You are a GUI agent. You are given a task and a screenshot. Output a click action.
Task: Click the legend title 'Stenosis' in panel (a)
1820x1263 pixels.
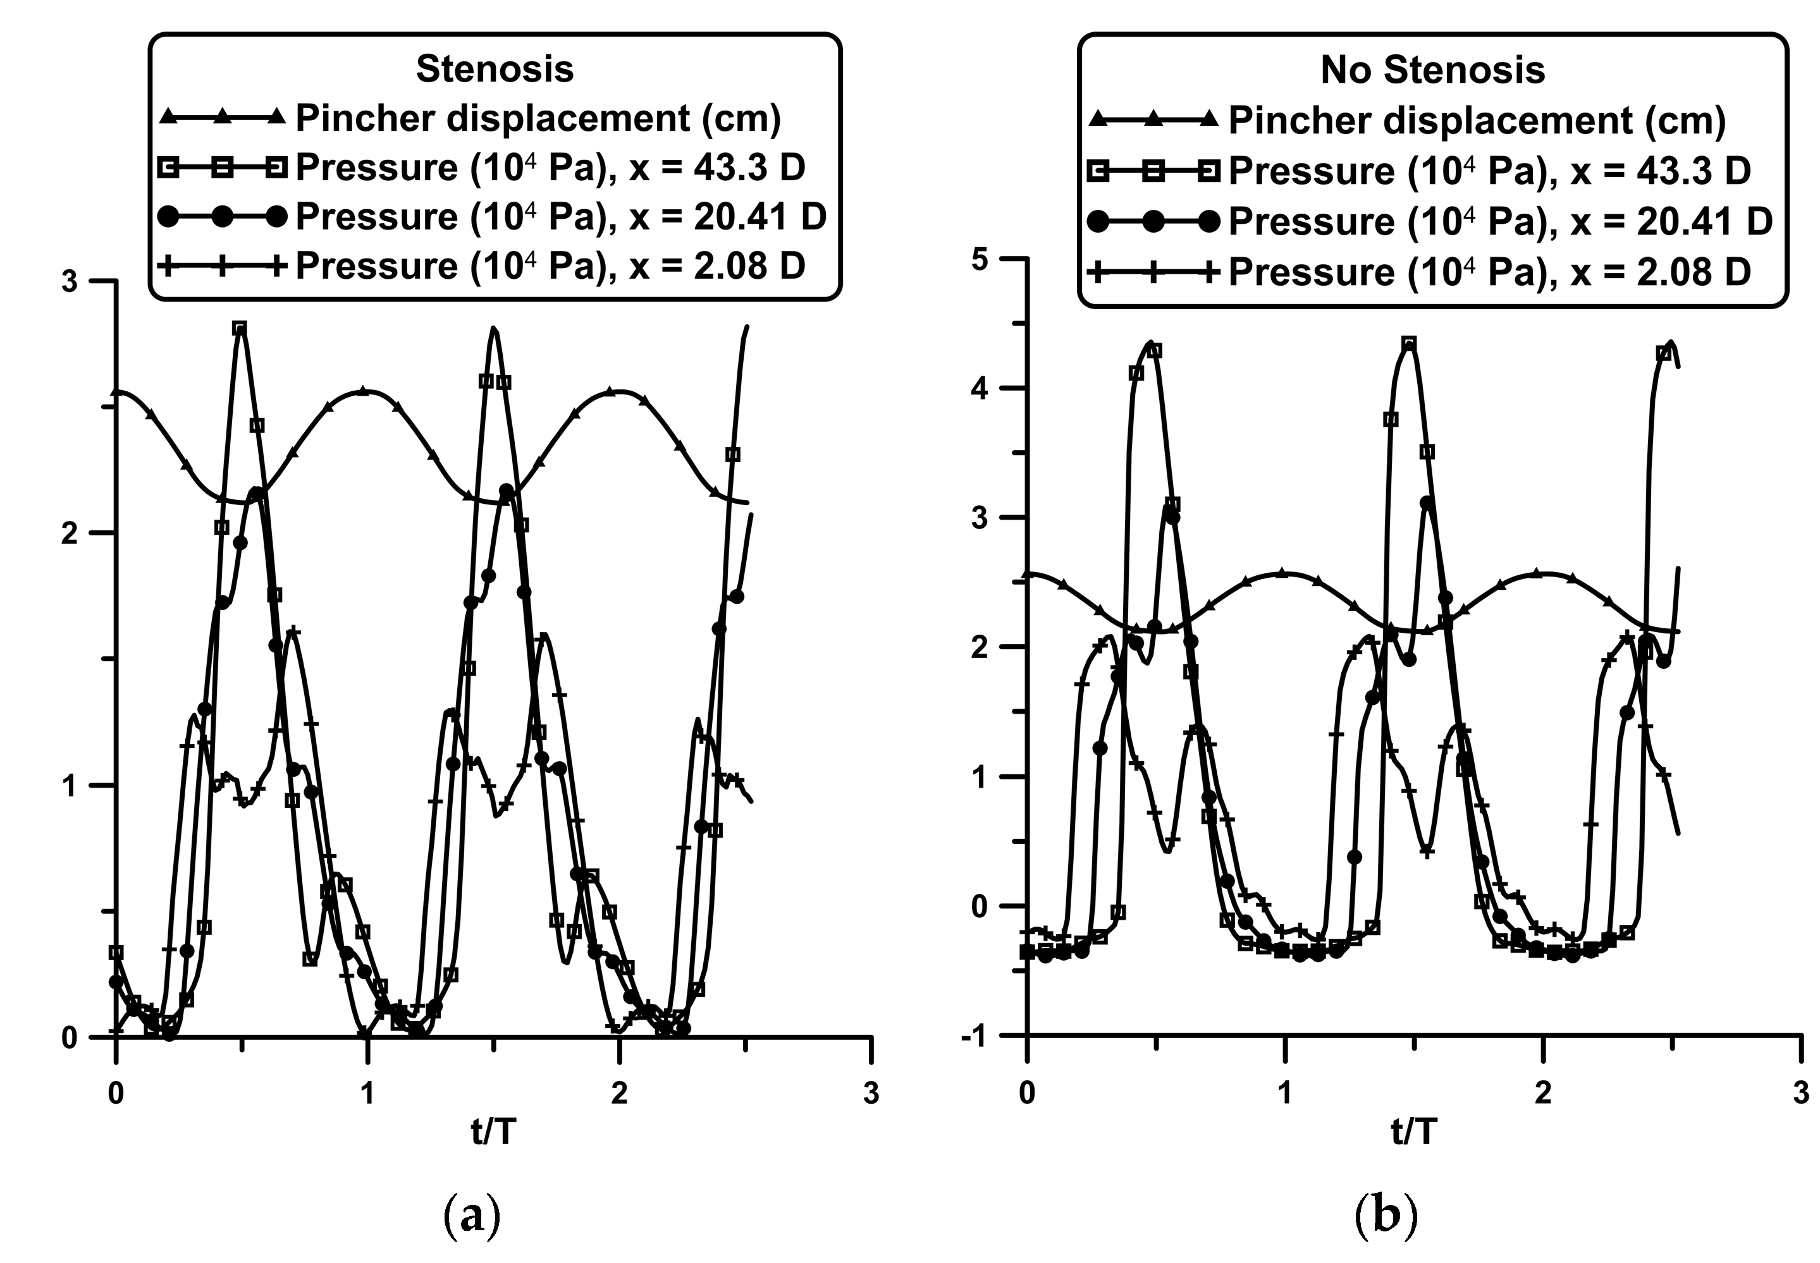click(495, 70)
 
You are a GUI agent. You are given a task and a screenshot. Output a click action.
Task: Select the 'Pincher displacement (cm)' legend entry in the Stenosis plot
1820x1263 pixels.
click(538, 119)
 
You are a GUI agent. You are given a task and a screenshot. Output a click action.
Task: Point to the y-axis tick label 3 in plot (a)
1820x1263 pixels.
click(70, 283)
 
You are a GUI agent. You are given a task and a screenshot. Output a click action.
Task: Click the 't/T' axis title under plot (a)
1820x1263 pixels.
click(493, 1132)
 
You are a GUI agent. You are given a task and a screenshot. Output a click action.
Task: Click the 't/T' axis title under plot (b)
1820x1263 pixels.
click(1414, 1132)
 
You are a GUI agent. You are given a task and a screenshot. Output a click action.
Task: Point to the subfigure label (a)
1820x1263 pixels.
click(472, 1216)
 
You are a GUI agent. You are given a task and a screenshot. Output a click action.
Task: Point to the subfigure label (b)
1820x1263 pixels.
click(1386, 1216)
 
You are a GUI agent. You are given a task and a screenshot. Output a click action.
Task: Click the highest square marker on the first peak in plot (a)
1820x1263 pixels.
click(240, 329)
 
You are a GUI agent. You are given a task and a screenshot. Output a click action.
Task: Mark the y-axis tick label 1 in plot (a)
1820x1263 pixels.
click(70, 786)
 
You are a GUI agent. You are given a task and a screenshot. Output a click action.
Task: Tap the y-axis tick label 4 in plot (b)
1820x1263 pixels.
click(986, 389)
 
